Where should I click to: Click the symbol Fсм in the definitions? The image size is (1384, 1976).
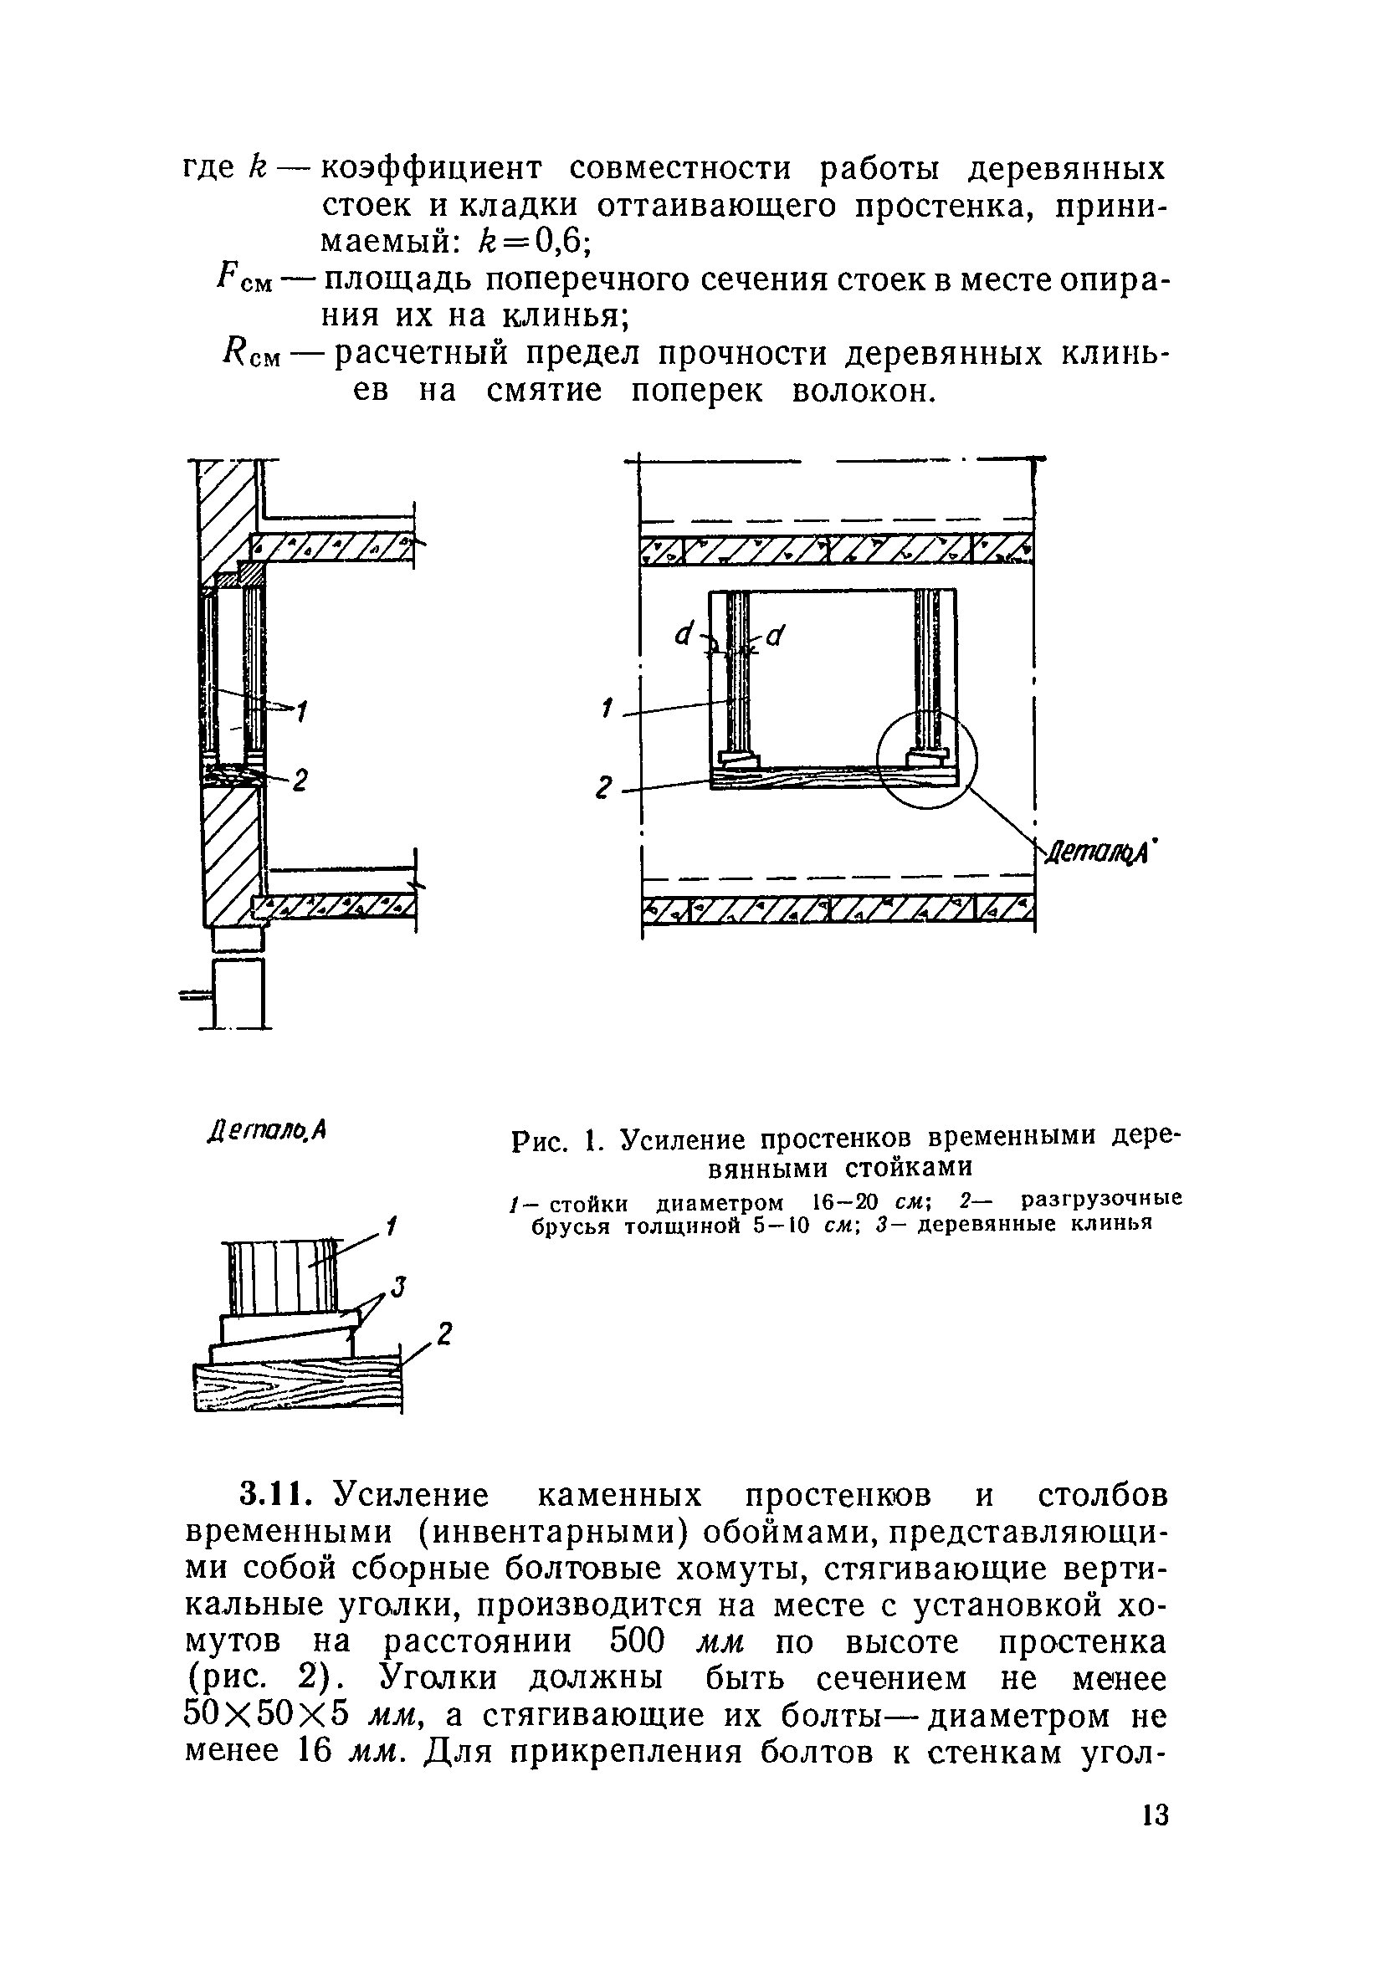click(245, 279)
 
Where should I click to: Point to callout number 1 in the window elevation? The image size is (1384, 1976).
click(607, 708)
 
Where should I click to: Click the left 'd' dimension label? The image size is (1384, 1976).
click(686, 634)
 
